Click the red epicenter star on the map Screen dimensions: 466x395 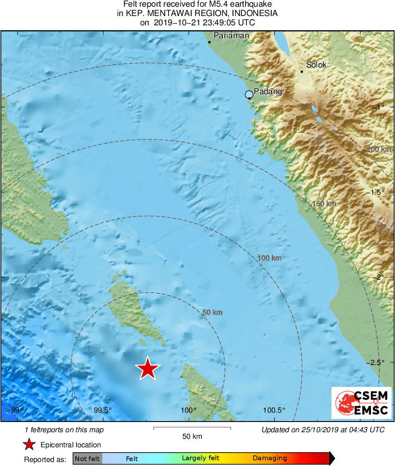147,369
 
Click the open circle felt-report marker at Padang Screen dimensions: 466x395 249,94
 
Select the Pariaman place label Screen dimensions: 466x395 231,36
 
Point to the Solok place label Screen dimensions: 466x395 316,65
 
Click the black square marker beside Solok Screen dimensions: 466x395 302,72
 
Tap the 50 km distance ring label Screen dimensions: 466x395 212,313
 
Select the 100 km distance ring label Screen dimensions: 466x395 270,258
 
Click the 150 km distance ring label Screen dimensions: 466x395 324,204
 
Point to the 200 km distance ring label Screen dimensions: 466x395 379,149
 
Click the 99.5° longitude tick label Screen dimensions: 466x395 103,410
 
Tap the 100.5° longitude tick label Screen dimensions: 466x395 274,410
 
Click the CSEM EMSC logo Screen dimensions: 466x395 362,403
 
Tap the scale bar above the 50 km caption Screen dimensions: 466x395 192,429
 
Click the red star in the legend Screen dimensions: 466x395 29,444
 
